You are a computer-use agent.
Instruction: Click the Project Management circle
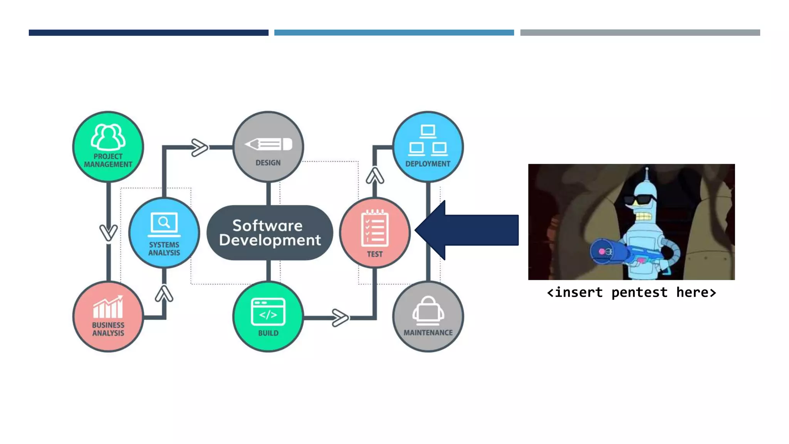pyautogui.click(x=108, y=147)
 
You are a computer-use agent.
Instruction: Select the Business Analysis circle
pyautogui.click(x=108, y=316)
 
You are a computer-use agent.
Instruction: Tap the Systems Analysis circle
pyautogui.click(x=164, y=233)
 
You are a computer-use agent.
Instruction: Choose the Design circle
pyautogui.click(x=268, y=147)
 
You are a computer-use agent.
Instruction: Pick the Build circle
pyautogui.click(x=268, y=316)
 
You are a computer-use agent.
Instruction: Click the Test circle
pyautogui.click(x=375, y=233)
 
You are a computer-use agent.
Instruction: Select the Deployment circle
pyautogui.click(x=428, y=147)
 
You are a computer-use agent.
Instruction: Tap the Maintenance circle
pyautogui.click(x=428, y=316)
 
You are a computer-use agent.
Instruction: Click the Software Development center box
pyautogui.click(x=270, y=233)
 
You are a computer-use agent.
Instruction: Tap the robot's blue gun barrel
pyautogui.click(x=609, y=252)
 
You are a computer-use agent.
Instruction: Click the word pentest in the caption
pyautogui.click(x=640, y=293)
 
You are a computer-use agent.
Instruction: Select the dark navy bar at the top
pyautogui.click(x=148, y=33)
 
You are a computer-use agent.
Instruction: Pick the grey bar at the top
pyautogui.click(x=640, y=33)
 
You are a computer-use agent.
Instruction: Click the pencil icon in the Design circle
pyautogui.click(x=269, y=145)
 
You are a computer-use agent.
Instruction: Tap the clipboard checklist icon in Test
pyautogui.click(x=375, y=228)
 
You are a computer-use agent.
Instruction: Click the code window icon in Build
pyautogui.click(x=268, y=311)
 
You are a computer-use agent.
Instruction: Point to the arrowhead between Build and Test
pyautogui.click(x=340, y=318)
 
